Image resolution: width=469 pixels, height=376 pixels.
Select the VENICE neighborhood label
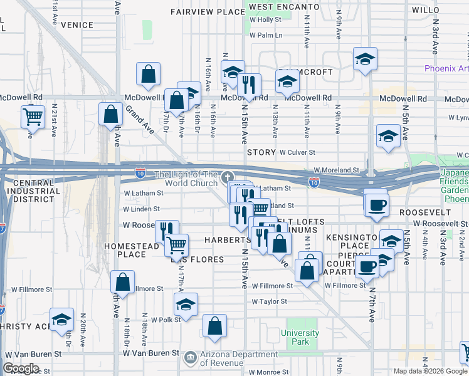click(x=78, y=25)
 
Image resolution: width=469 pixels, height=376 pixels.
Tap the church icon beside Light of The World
click(x=227, y=177)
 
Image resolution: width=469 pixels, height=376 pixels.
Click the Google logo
click(x=21, y=368)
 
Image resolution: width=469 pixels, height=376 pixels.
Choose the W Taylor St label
click(x=269, y=301)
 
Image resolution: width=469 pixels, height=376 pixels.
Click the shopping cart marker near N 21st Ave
click(x=33, y=116)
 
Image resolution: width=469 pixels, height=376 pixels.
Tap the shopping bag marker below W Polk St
click(x=214, y=326)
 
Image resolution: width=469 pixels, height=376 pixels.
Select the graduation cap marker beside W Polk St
click(x=186, y=305)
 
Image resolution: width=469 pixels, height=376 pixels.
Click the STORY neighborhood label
click(x=261, y=152)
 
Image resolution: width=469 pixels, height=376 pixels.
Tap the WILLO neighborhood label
click(x=426, y=10)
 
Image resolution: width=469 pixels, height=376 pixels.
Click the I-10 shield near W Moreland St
click(x=314, y=182)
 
